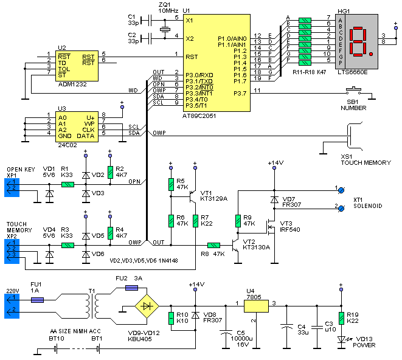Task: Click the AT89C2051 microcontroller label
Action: click(204, 116)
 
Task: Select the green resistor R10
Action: click(172, 317)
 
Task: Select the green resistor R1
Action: click(69, 184)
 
